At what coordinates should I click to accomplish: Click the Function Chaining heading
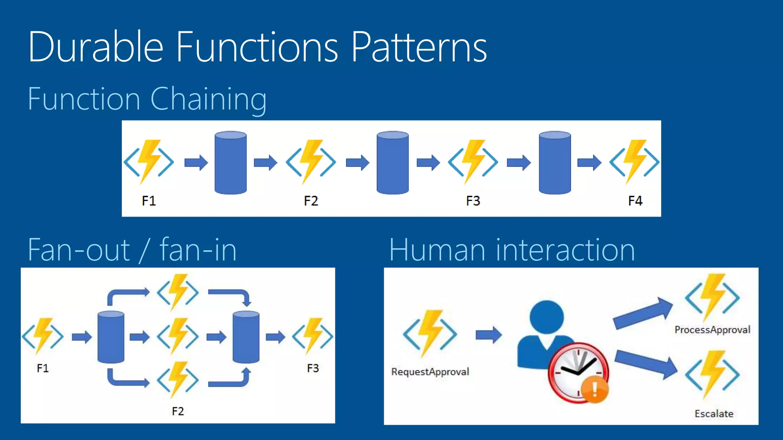pos(147,99)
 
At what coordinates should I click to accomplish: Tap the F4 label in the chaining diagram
pos(635,201)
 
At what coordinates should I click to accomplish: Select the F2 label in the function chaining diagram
pos(311,201)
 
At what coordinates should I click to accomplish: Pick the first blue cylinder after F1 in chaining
pos(231,163)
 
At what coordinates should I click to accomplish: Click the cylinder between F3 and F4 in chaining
pos(555,163)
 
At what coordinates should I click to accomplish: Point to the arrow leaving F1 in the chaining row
pos(196,163)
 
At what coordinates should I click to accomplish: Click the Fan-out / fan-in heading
pos(132,250)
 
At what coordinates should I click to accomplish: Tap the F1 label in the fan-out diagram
pos(42,368)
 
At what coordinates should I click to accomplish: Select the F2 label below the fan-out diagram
pos(178,411)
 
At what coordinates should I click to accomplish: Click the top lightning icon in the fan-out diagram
pos(178,292)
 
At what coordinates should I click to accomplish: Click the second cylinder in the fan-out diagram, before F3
pos(246,337)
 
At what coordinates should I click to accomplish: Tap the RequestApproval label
pos(430,372)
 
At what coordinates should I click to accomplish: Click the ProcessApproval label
pos(712,330)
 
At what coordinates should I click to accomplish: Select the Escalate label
pos(714,414)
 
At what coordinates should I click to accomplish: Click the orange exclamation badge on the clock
pos(595,389)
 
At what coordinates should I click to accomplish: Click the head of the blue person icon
pos(547,317)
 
